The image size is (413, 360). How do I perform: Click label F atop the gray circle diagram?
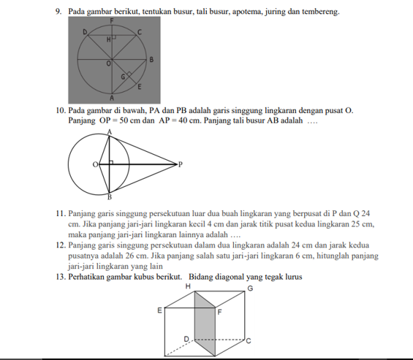coord(112,20)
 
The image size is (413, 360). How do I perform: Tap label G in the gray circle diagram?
coord(123,77)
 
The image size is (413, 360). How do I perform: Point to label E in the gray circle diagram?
coord(140,87)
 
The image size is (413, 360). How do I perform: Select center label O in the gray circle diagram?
coord(108,64)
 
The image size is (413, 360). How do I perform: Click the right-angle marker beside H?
coord(114,37)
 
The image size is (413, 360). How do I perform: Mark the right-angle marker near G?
coord(129,74)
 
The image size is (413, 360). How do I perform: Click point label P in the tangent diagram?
coord(181,165)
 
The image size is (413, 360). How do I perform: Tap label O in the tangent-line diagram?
coord(95,165)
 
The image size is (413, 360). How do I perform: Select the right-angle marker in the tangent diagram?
coord(111,163)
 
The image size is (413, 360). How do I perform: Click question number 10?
coord(61,110)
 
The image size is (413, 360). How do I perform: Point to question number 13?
coord(61,277)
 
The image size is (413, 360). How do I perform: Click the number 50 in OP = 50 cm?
coord(124,120)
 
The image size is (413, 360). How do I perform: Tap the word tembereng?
coord(321,12)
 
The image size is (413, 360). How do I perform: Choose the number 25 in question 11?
coord(355,224)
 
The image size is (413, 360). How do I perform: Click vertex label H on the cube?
coord(188,286)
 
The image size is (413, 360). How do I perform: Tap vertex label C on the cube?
coord(249,341)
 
